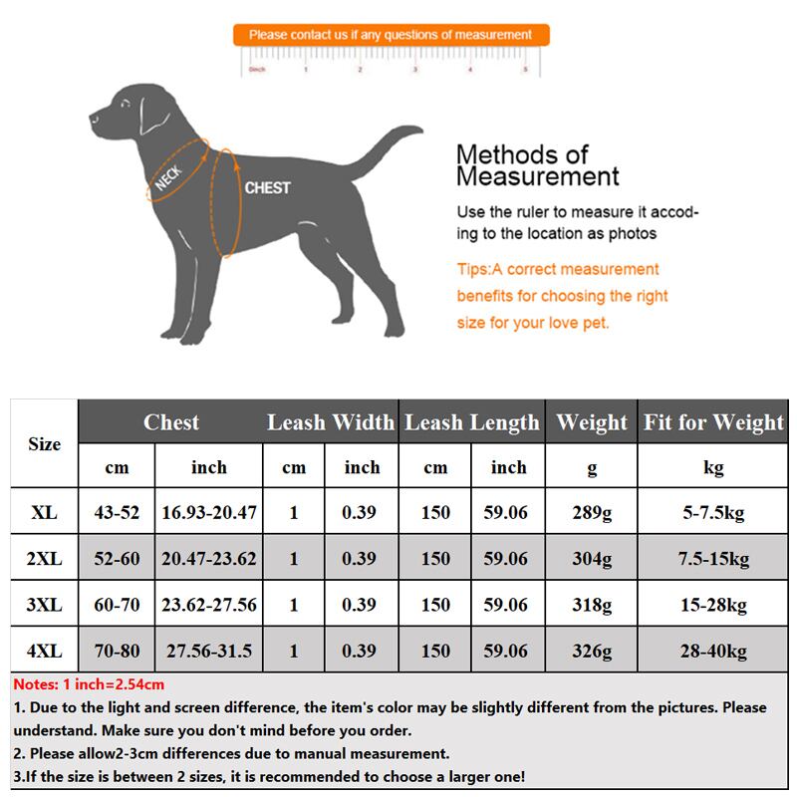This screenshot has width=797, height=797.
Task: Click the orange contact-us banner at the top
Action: click(391, 35)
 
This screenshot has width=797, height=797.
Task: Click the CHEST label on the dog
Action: click(267, 187)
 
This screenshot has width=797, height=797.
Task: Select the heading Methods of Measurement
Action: click(537, 166)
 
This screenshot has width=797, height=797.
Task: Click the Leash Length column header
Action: click(472, 422)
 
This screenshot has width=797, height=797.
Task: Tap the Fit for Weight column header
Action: click(713, 422)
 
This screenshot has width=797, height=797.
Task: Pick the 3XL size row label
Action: click(44, 605)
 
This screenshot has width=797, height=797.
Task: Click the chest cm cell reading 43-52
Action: click(117, 513)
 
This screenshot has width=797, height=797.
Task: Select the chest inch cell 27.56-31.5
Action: click(209, 651)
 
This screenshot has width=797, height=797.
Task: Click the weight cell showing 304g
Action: click(593, 559)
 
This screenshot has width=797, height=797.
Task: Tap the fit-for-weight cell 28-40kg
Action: click(713, 651)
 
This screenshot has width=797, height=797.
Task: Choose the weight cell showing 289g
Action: click(593, 513)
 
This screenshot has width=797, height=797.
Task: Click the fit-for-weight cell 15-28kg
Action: click(713, 605)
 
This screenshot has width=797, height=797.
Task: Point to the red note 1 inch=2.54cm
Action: click(89, 684)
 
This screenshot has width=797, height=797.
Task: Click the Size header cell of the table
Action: click(44, 444)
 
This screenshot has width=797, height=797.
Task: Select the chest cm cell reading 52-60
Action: click(117, 559)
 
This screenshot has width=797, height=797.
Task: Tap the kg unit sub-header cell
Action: click(713, 467)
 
